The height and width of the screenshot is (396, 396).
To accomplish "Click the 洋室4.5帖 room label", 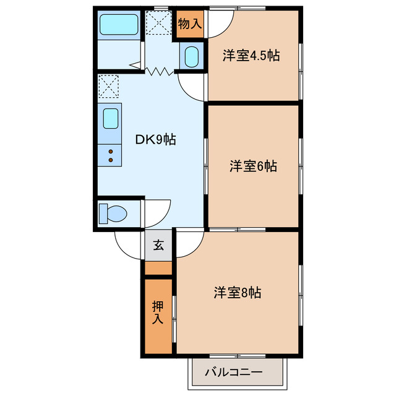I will (251, 56).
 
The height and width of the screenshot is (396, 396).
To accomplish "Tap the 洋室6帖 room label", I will (253, 166).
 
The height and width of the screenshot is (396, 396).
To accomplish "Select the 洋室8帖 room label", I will (238, 292).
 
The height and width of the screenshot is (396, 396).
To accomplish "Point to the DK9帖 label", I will (156, 140).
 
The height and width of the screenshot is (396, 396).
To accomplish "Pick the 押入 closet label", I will (158, 313).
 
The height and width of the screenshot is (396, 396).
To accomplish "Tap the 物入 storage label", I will (190, 25).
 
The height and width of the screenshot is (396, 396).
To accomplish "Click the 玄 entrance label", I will (159, 245).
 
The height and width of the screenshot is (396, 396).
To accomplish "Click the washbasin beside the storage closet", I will (192, 57).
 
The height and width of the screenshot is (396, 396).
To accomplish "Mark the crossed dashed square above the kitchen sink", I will (108, 86).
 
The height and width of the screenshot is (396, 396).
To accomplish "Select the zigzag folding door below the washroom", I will (160, 71).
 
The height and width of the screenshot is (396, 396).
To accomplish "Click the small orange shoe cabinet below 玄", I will (158, 267).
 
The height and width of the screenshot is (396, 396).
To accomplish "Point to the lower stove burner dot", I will (111, 160).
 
